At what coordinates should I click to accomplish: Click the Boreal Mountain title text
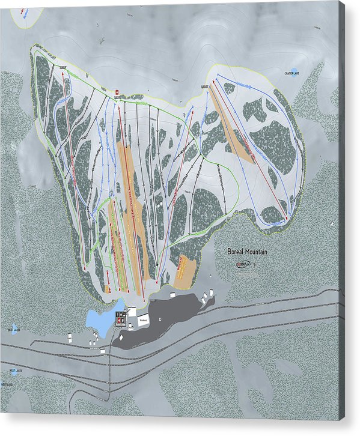click(x=247, y=253)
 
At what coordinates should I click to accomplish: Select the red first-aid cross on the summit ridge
click(x=117, y=91)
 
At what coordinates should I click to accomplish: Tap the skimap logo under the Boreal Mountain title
click(x=243, y=263)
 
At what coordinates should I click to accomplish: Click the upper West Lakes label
click(x=14, y=330)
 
